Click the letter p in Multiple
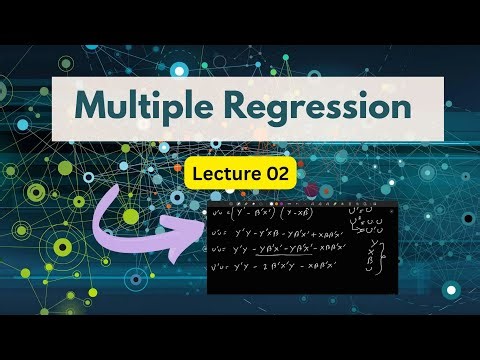pos(174,108)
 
